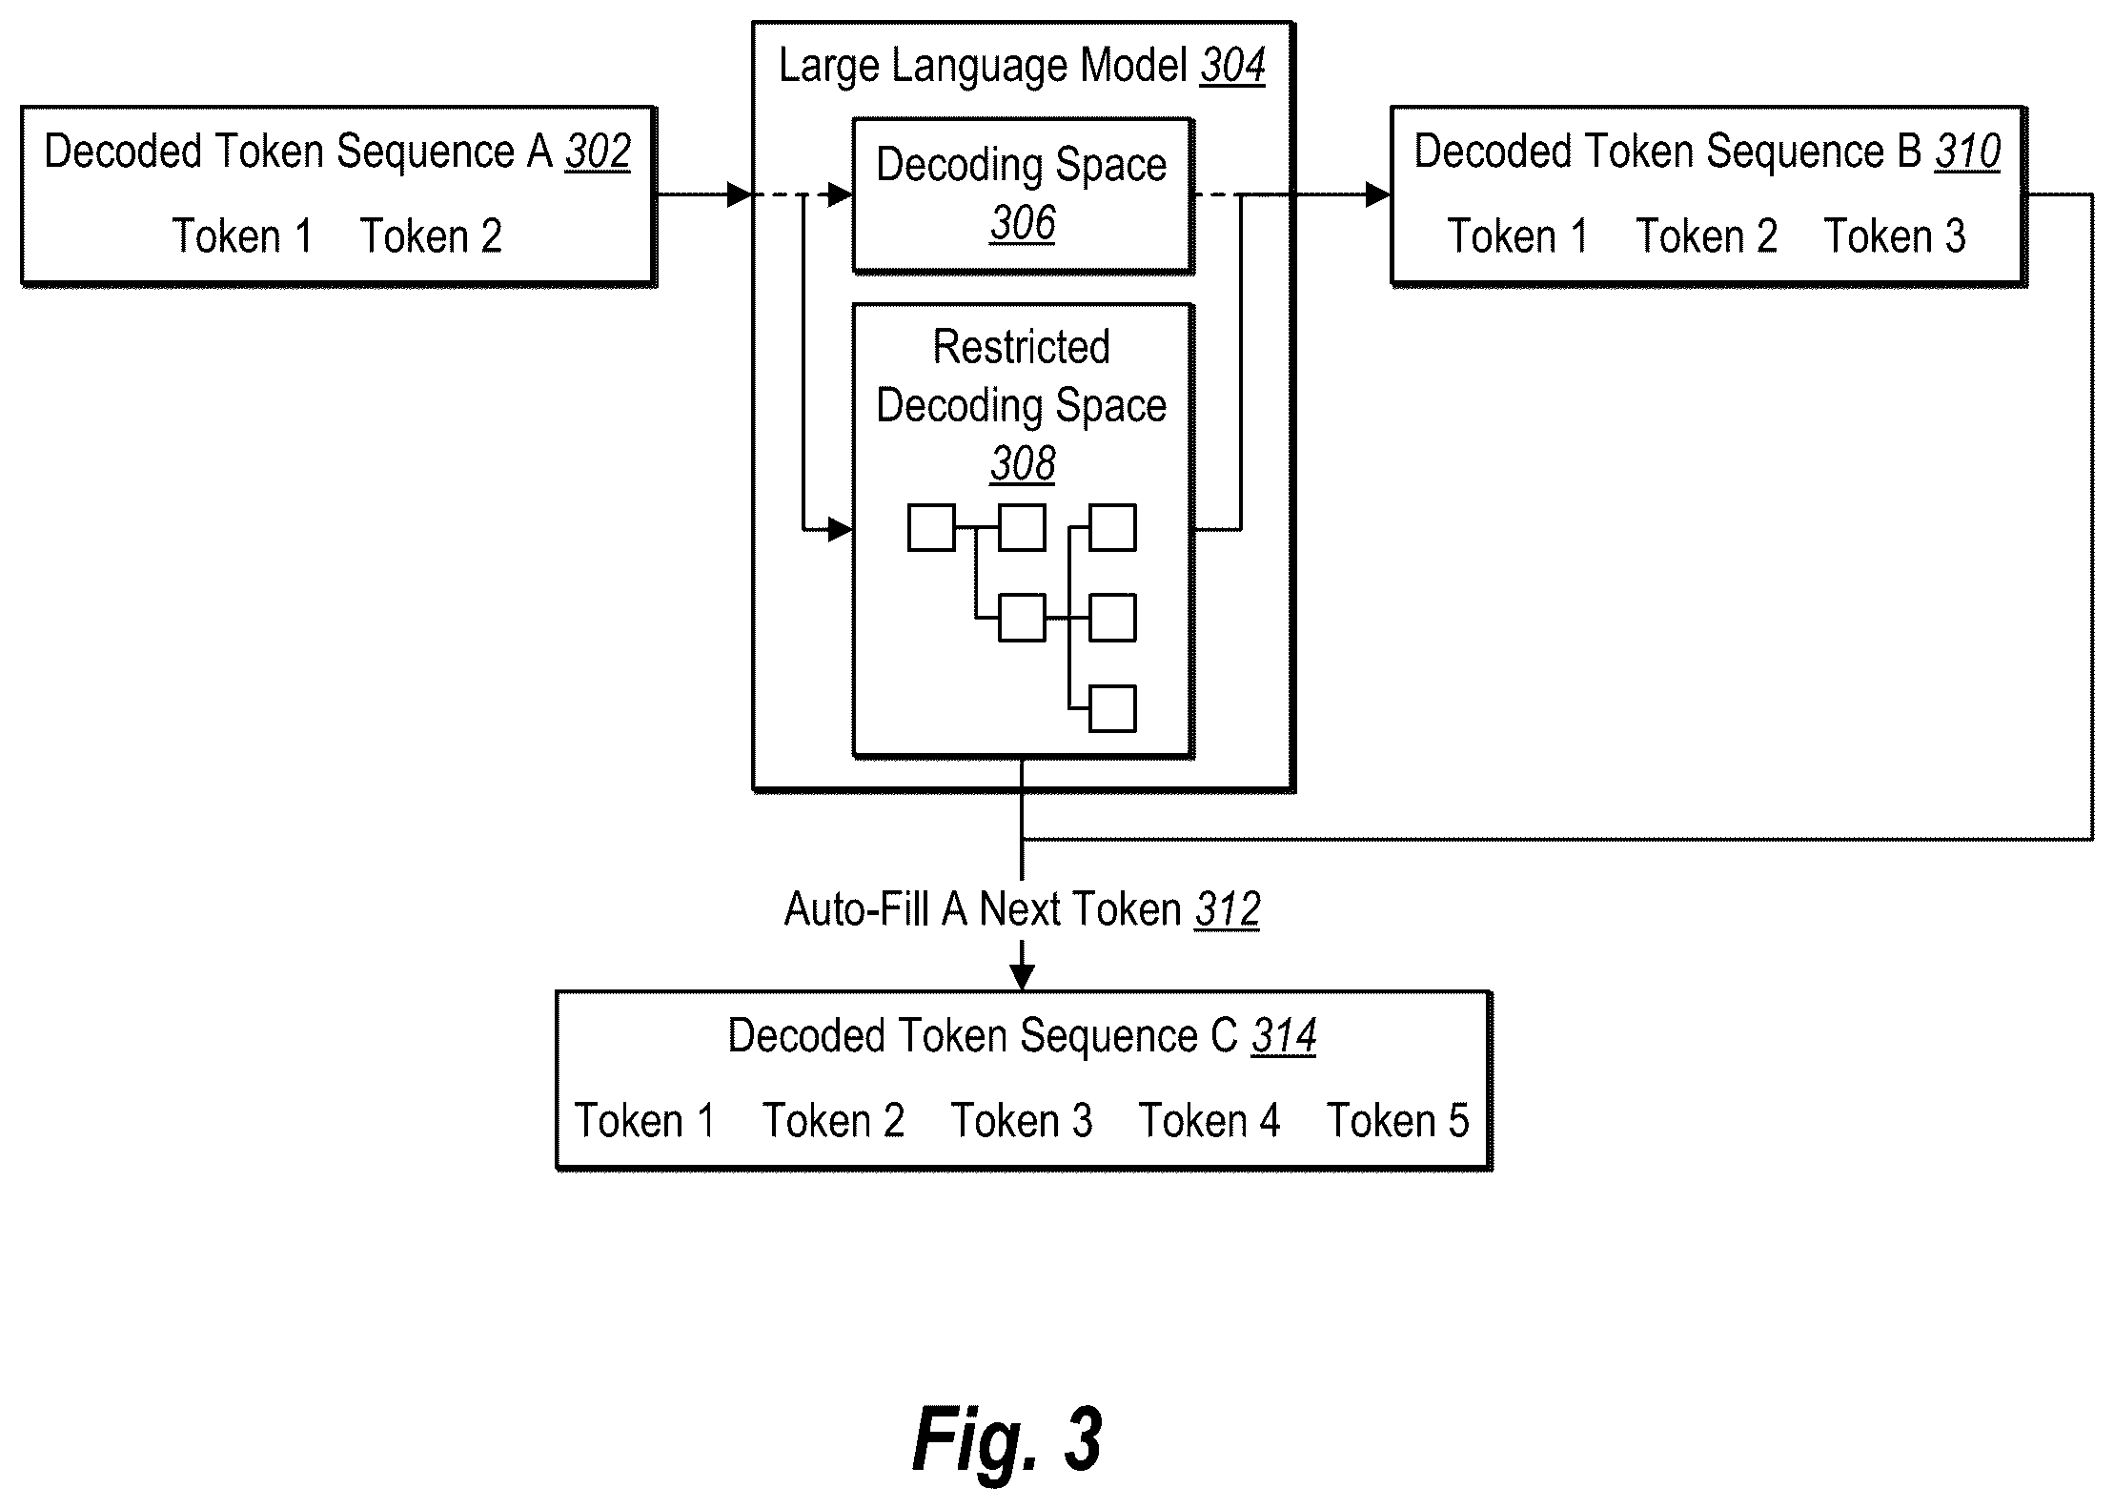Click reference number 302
598,153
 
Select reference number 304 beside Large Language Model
1232,66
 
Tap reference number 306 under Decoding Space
1023,224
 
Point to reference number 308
1023,464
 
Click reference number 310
1967,153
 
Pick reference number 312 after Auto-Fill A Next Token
1228,909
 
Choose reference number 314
1284,1036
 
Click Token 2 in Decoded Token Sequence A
431,236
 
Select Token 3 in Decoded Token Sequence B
1895,236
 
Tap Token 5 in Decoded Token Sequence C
1398,1121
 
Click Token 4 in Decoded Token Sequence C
1209,1121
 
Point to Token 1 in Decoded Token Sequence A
242,236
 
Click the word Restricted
1022,347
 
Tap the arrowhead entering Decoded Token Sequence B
1378,195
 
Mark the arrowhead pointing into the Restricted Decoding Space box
840,529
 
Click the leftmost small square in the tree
931,528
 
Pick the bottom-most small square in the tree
1112,708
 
